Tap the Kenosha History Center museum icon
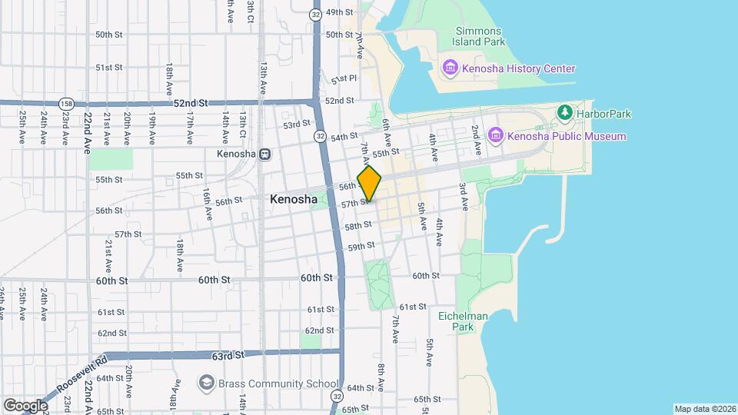click(450, 69)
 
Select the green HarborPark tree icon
click(565, 114)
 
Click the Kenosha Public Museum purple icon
click(495, 136)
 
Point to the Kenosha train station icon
click(264, 154)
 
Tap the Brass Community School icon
click(205, 383)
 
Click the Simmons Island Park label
click(477, 37)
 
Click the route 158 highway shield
click(67, 102)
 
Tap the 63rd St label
click(228, 356)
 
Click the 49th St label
click(339, 13)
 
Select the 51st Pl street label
click(344, 80)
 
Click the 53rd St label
click(296, 124)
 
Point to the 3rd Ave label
click(464, 197)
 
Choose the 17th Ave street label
click(189, 127)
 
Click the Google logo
click(25, 405)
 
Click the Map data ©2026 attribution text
click(705, 409)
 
